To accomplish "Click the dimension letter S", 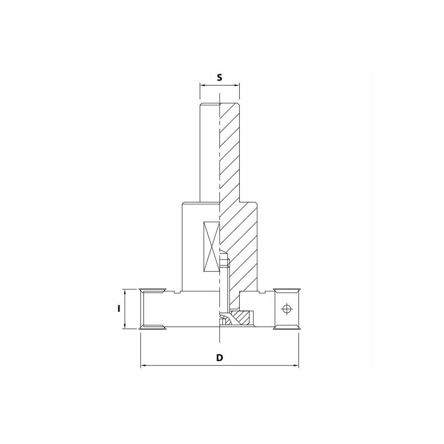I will tap(219, 78).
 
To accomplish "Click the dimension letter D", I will tap(219, 358).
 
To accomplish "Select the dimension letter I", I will tap(118, 308).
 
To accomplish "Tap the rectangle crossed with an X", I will tap(211, 248).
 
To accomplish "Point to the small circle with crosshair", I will tap(286, 308).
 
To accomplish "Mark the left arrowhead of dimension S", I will tap(202, 85).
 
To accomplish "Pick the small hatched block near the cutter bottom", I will tap(242, 317).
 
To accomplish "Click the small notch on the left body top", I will tap(175, 293).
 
